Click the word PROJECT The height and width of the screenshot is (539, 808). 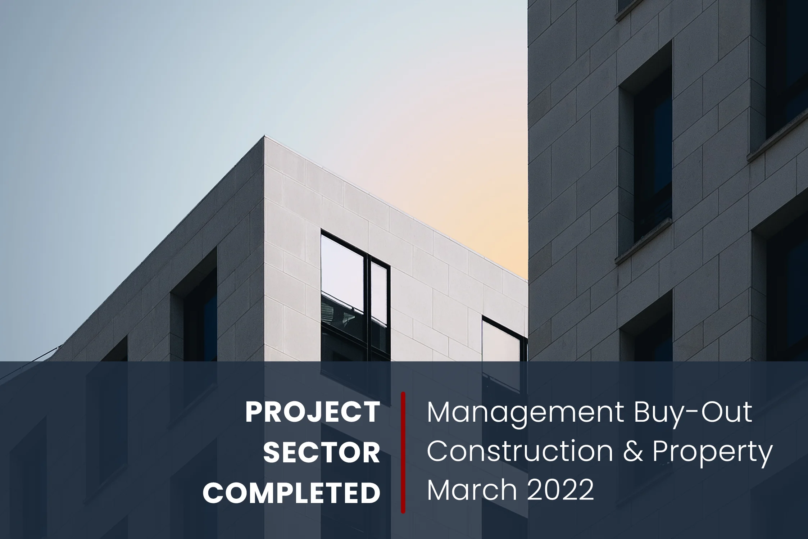[x=313, y=413]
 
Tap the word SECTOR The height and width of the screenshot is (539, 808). [x=322, y=453]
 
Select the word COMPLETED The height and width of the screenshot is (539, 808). [x=291, y=493]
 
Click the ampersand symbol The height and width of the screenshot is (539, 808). [x=633, y=452]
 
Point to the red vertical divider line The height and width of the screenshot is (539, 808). [x=403, y=453]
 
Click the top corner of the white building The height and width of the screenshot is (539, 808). [x=265, y=136]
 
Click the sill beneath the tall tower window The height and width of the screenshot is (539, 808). [x=644, y=241]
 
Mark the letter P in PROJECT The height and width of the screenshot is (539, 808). [x=254, y=413]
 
